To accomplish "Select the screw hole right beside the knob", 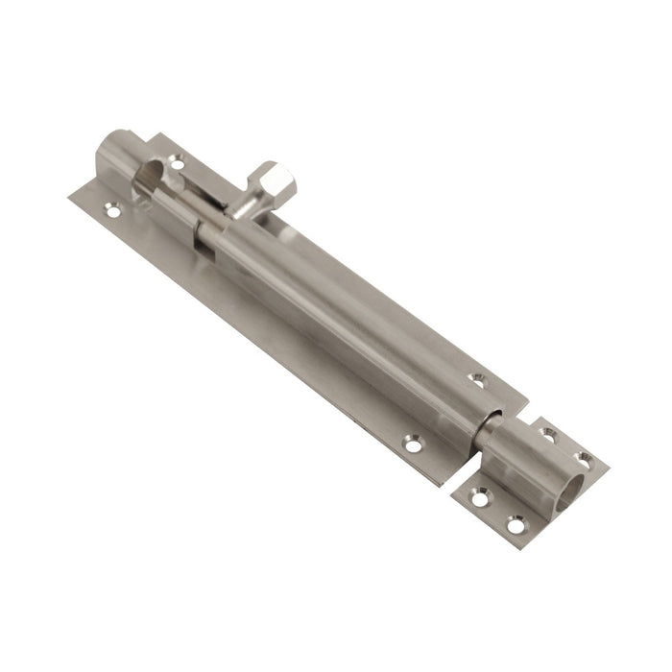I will pos(178,165).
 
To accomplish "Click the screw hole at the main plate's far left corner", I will pos(112,207).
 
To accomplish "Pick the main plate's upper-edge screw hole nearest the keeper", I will pos(478,380).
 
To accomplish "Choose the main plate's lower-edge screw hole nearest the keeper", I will pos(413,444).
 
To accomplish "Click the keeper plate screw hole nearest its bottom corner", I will pos(516,524).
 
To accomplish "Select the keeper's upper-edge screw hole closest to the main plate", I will pos(548,435).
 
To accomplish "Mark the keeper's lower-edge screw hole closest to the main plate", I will pos(479,497).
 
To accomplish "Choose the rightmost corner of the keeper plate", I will pos(609,468).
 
